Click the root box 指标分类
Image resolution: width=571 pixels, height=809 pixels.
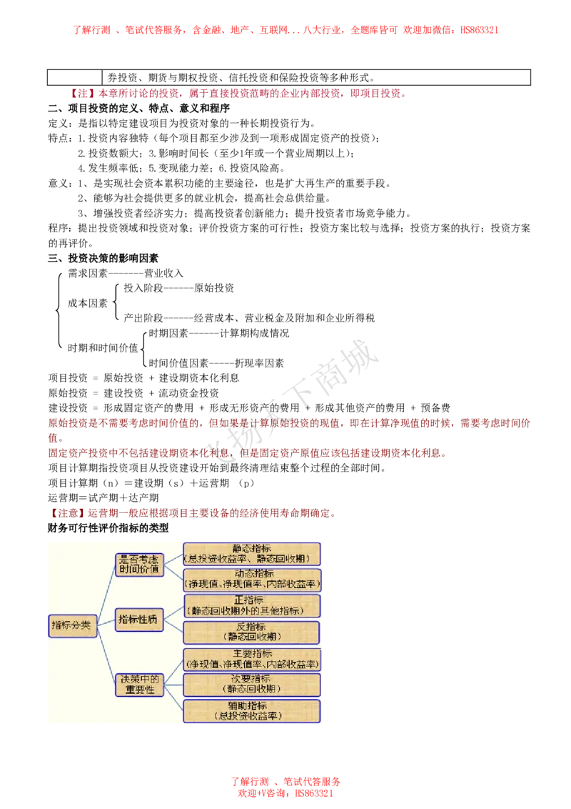pyautogui.click(x=72, y=625)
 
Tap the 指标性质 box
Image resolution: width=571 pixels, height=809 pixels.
pyautogui.click(x=140, y=620)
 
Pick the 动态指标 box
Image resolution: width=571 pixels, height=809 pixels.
pyautogui.click(x=252, y=580)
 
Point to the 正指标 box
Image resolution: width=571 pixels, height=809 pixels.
pyautogui.click(x=252, y=605)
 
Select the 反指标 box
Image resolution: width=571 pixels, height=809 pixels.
pyautogui.click(x=252, y=632)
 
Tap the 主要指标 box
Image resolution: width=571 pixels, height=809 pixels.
pyautogui.click(x=252, y=659)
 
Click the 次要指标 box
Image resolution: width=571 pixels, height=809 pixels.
pyautogui.click(x=252, y=685)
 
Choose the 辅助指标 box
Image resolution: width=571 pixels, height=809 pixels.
pyautogui.click(x=252, y=711)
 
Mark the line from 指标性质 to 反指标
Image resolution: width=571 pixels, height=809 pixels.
pyautogui.click(x=173, y=626)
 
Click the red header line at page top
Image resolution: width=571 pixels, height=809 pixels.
pyautogui.click(x=285, y=30)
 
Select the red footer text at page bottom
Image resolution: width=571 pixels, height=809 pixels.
pyautogui.click(x=285, y=788)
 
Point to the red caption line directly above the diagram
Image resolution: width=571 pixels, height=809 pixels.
pyautogui.click(x=193, y=513)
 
